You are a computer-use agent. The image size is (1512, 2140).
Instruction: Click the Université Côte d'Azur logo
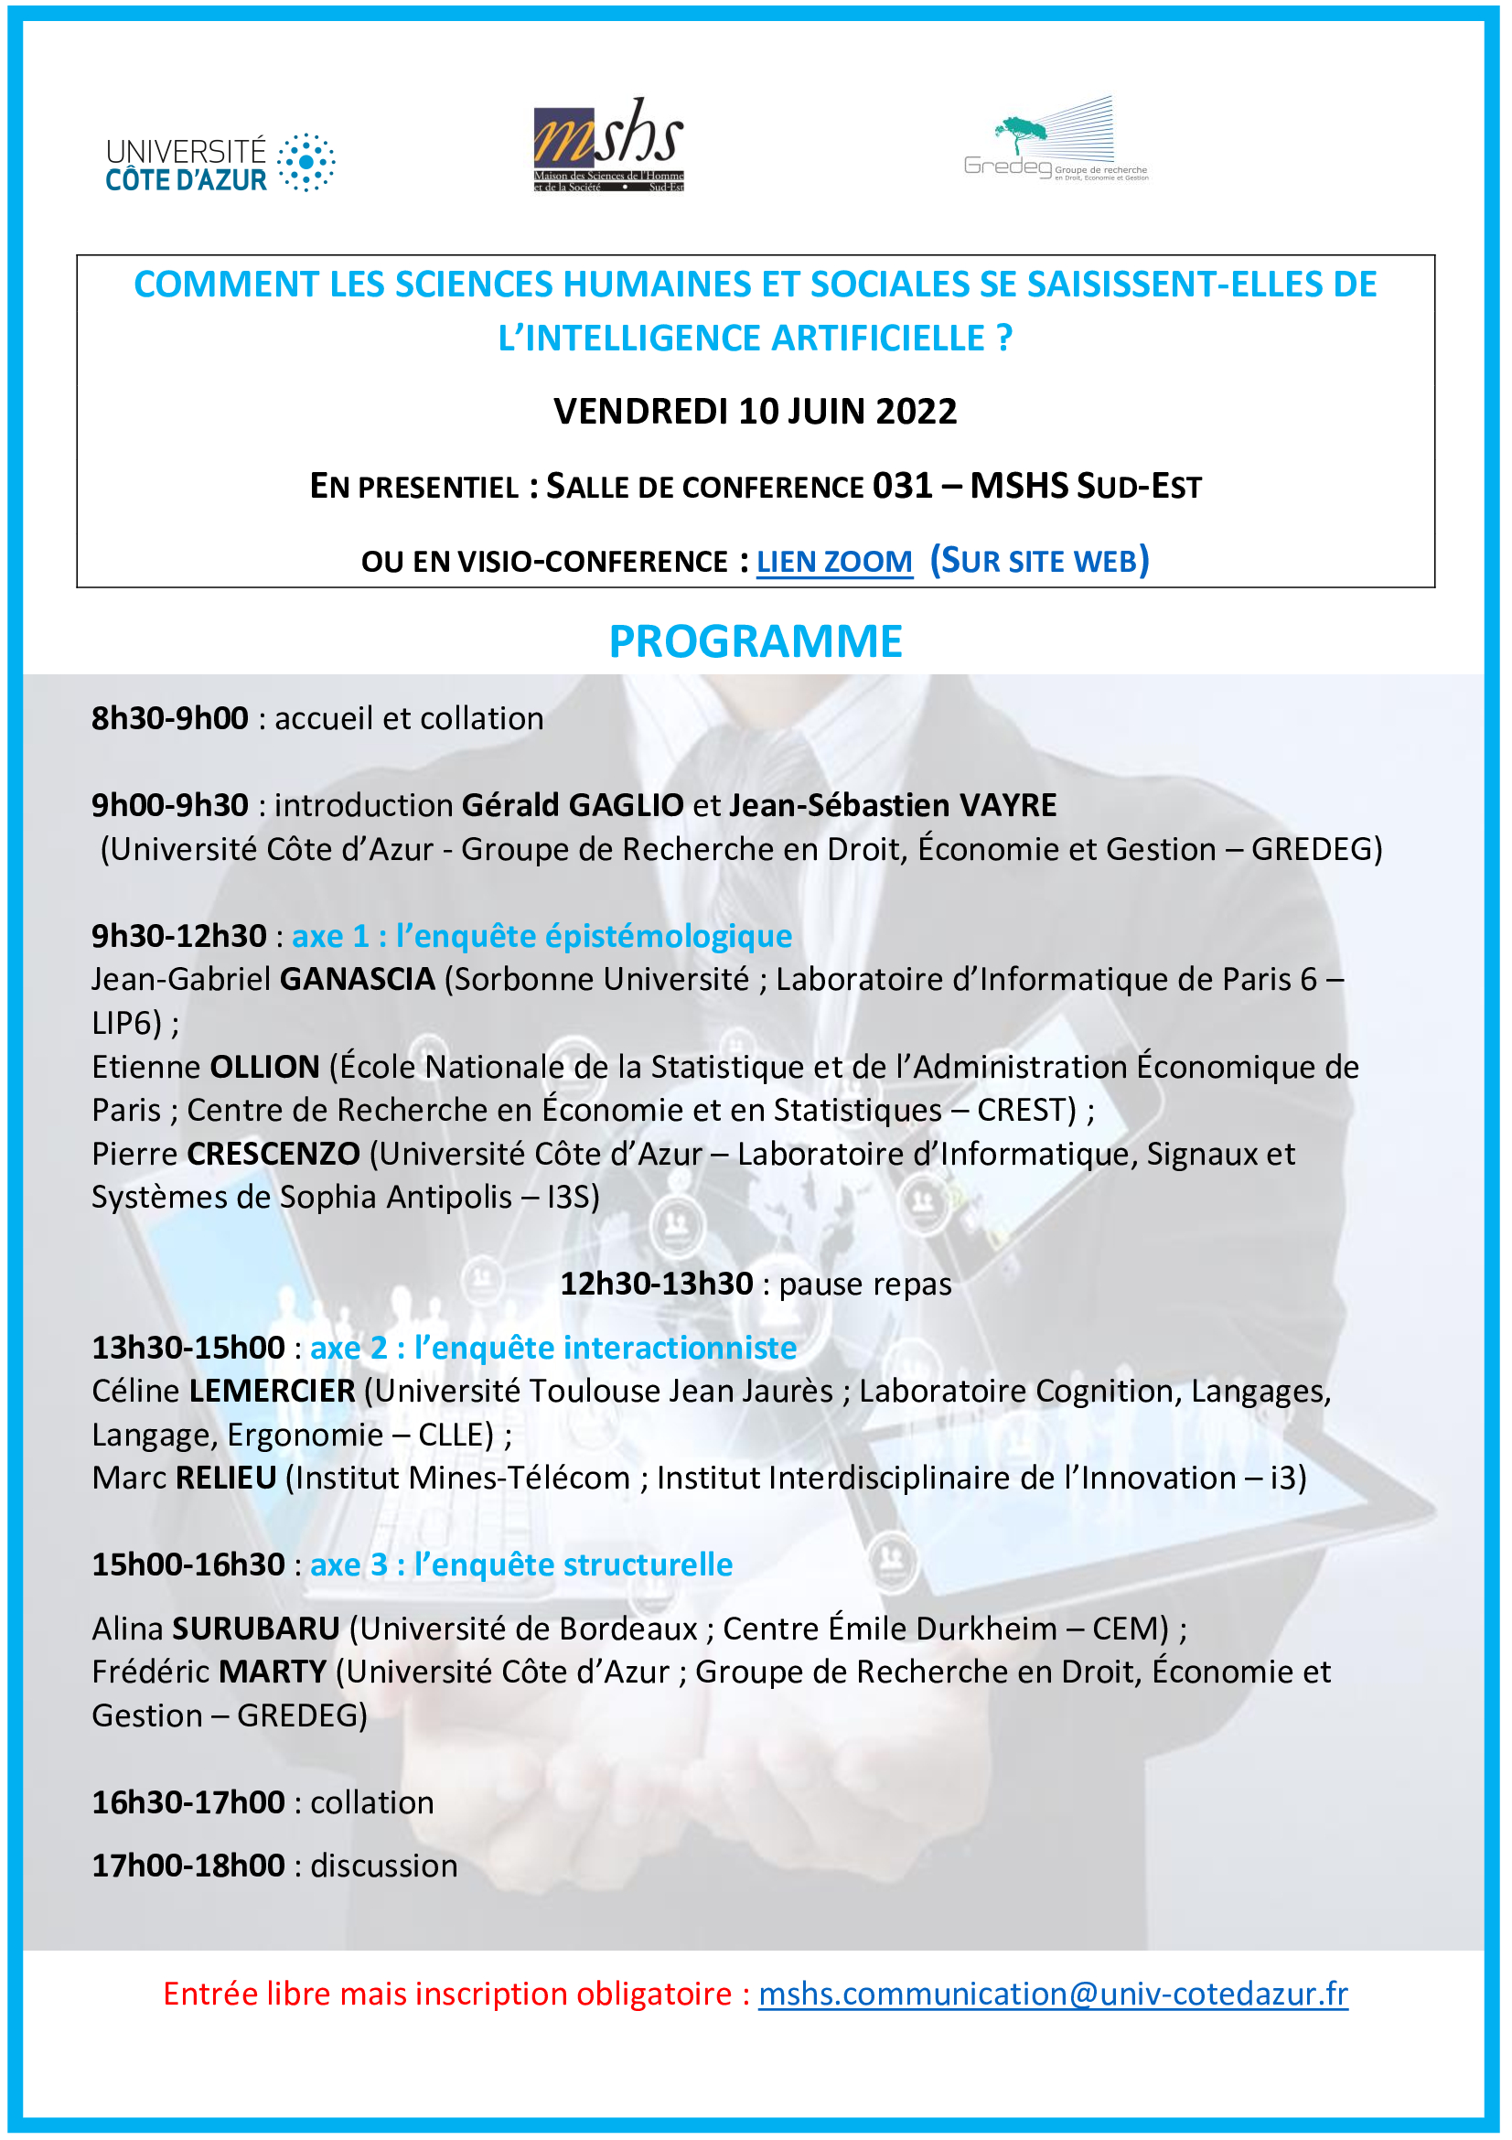220,164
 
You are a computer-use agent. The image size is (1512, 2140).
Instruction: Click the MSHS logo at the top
608,145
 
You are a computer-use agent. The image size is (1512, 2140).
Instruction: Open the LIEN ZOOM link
834,562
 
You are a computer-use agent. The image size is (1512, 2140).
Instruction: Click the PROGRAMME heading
756,641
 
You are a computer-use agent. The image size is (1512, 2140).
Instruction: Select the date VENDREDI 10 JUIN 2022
756,411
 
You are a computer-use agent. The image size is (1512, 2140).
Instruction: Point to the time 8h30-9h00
169,718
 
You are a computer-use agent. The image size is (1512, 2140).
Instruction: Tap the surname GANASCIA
358,979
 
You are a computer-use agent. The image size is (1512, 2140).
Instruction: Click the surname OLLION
264,1066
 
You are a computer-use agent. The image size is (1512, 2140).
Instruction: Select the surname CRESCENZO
273,1154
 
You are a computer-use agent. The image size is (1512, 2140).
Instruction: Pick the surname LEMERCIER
272,1391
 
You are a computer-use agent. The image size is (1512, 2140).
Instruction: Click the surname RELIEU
226,1478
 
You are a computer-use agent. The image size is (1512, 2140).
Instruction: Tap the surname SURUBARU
256,1629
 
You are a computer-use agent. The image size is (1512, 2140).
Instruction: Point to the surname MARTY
273,1672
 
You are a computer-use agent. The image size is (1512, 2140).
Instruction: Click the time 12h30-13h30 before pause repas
656,1284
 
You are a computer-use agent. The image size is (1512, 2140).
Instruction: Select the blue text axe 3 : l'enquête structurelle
521,1564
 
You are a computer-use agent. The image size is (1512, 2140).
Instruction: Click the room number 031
903,486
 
